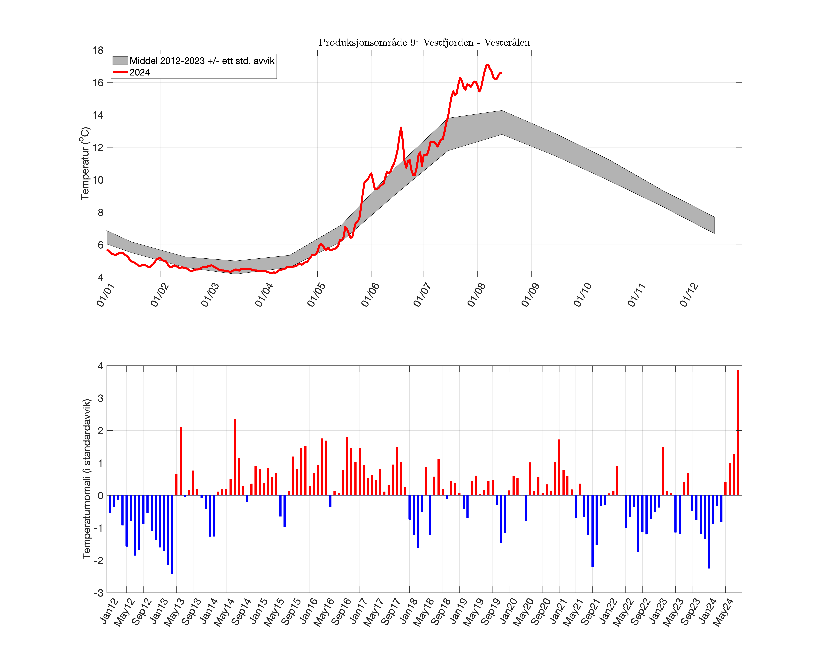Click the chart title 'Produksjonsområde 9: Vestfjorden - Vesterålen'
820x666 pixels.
[424, 42]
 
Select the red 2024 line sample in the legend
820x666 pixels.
[120, 72]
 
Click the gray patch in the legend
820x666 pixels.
[120, 61]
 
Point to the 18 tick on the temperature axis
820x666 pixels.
[98, 50]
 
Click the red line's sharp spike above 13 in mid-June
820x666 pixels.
[401, 128]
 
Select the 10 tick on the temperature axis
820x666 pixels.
[98, 180]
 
